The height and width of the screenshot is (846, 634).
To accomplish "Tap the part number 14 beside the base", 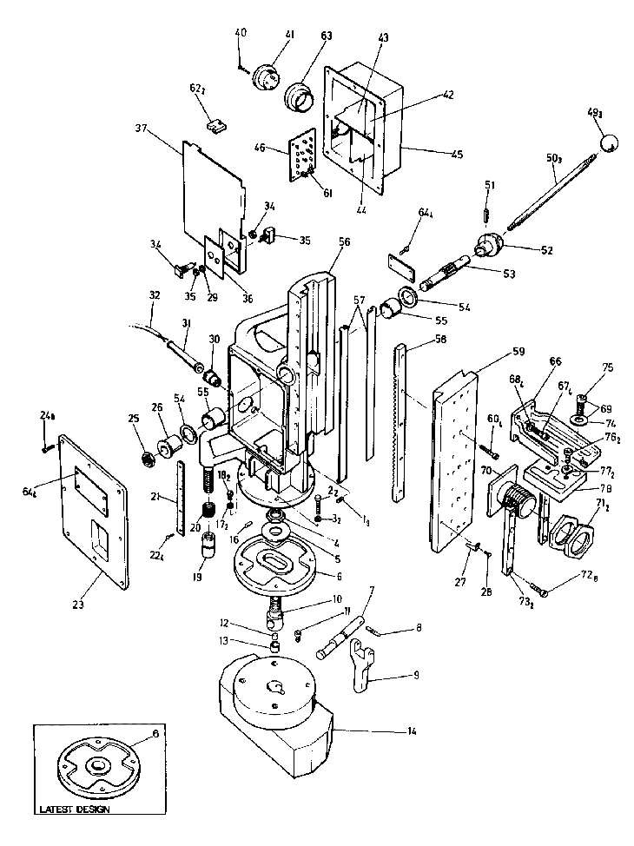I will (x=412, y=732).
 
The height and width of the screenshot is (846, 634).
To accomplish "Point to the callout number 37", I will (x=142, y=129).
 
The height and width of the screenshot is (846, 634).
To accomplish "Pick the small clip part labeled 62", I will (x=217, y=124).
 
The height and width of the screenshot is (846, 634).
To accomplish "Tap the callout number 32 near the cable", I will (x=155, y=295).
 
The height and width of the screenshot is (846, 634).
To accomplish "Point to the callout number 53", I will (x=508, y=274).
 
